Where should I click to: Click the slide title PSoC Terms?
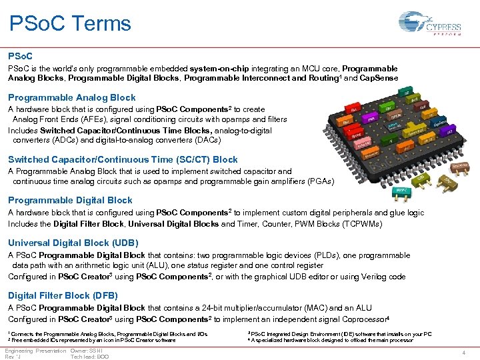click(71, 24)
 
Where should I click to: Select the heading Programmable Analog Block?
click(71, 97)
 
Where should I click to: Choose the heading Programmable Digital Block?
click(70, 200)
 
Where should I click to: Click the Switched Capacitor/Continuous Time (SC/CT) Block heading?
click(123, 159)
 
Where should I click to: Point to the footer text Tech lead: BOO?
click(90, 357)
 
